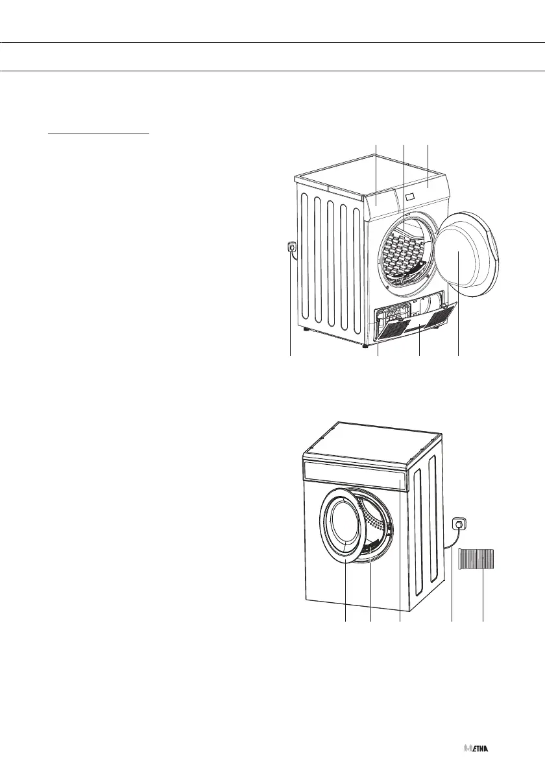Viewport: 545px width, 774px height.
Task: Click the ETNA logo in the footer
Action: coord(477,748)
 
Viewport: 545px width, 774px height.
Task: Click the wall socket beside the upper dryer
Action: coord(293,247)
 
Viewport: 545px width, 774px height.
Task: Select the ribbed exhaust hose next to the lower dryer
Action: coord(477,558)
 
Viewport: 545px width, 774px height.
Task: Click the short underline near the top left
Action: coord(99,135)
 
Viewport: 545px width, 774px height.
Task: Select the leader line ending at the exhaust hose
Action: coord(483,596)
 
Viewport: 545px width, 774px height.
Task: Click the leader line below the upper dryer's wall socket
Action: coord(290,305)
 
